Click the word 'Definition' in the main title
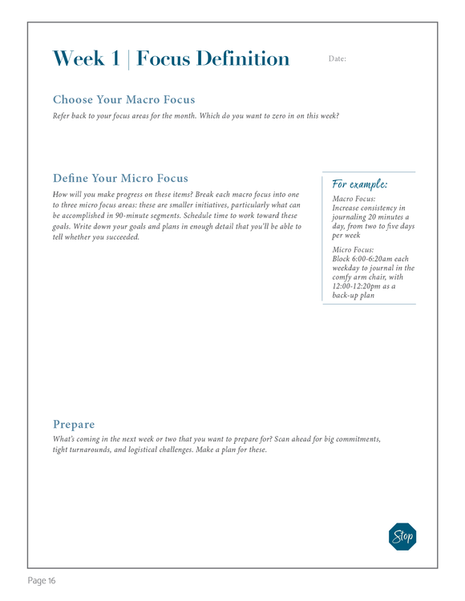[x=241, y=58]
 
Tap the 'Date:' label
[x=338, y=59]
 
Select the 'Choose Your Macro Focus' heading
[x=123, y=100]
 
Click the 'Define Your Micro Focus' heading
[x=120, y=177]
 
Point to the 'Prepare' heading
[x=74, y=423]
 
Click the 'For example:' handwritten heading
[x=359, y=184]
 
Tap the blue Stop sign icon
[x=402, y=536]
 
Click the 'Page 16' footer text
[x=42, y=580]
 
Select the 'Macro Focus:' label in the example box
[x=354, y=199]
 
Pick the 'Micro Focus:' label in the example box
[x=352, y=250]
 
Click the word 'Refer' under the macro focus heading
[x=63, y=116]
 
